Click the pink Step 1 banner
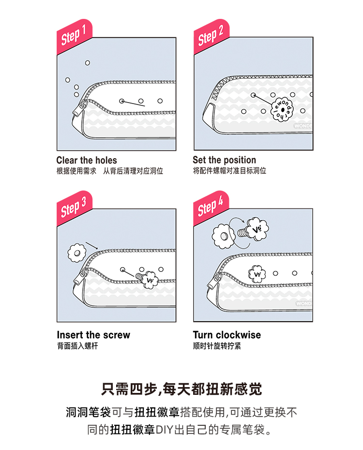point(75,36)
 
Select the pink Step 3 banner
point(75,208)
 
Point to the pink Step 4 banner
point(212,208)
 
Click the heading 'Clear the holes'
point(87,160)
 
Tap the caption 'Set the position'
point(225,160)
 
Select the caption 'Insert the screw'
point(93,335)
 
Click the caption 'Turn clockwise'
point(227,335)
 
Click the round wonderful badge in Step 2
point(282,109)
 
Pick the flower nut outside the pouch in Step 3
point(76,253)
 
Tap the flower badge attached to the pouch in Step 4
point(257,274)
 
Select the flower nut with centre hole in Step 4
point(223,236)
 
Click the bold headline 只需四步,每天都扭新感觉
point(181,390)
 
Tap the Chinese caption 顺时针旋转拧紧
point(217,346)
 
